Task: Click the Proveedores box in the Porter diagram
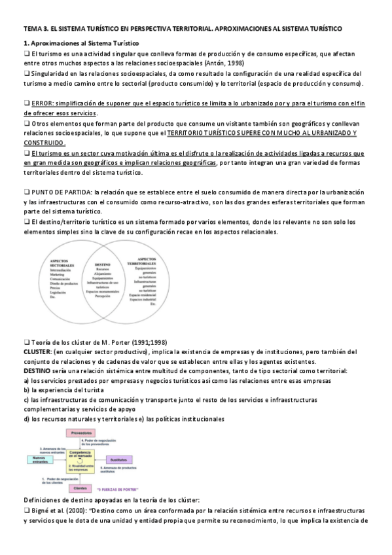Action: click(80, 433)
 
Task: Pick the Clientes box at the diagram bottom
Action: click(80, 488)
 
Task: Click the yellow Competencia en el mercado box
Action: click(80, 454)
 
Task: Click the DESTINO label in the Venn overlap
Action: click(102, 264)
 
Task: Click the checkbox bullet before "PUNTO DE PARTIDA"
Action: click(27, 192)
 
